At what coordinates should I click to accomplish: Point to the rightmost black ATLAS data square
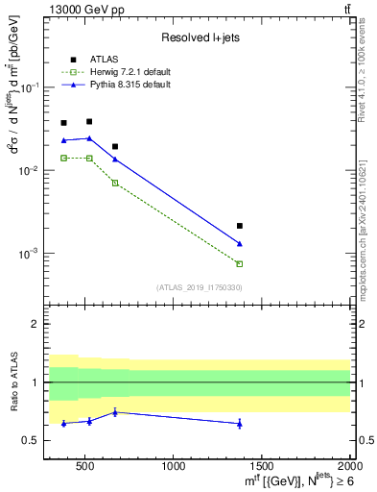tap(240, 226)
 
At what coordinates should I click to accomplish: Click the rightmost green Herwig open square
tap(240, 263)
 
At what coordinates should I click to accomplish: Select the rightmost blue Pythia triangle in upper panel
tap(240, 244)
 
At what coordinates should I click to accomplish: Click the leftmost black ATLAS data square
tap(63, 123)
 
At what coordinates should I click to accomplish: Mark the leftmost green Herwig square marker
tap(63, 158)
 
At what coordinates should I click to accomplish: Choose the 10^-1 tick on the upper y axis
tap(31, 86)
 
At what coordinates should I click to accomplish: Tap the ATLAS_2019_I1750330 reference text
tap(199, 287)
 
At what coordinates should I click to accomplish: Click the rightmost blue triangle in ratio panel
tap(240, 424)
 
